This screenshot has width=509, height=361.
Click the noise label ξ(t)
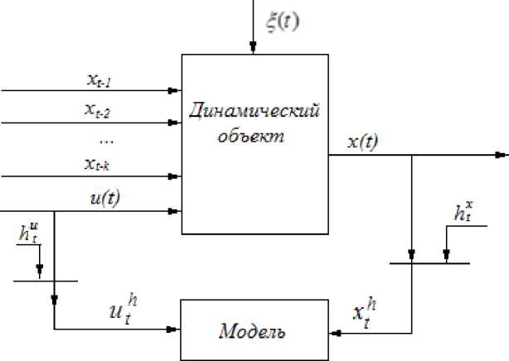point(282,22)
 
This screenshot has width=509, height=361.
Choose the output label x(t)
point(362,142)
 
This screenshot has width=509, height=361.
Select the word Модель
point(253,333)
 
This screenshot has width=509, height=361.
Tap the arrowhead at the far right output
point(501,155)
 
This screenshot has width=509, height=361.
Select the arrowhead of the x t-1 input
point(174,90)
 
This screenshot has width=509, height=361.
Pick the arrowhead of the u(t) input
point(174,212)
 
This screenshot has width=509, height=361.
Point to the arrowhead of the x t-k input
point(174,176)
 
